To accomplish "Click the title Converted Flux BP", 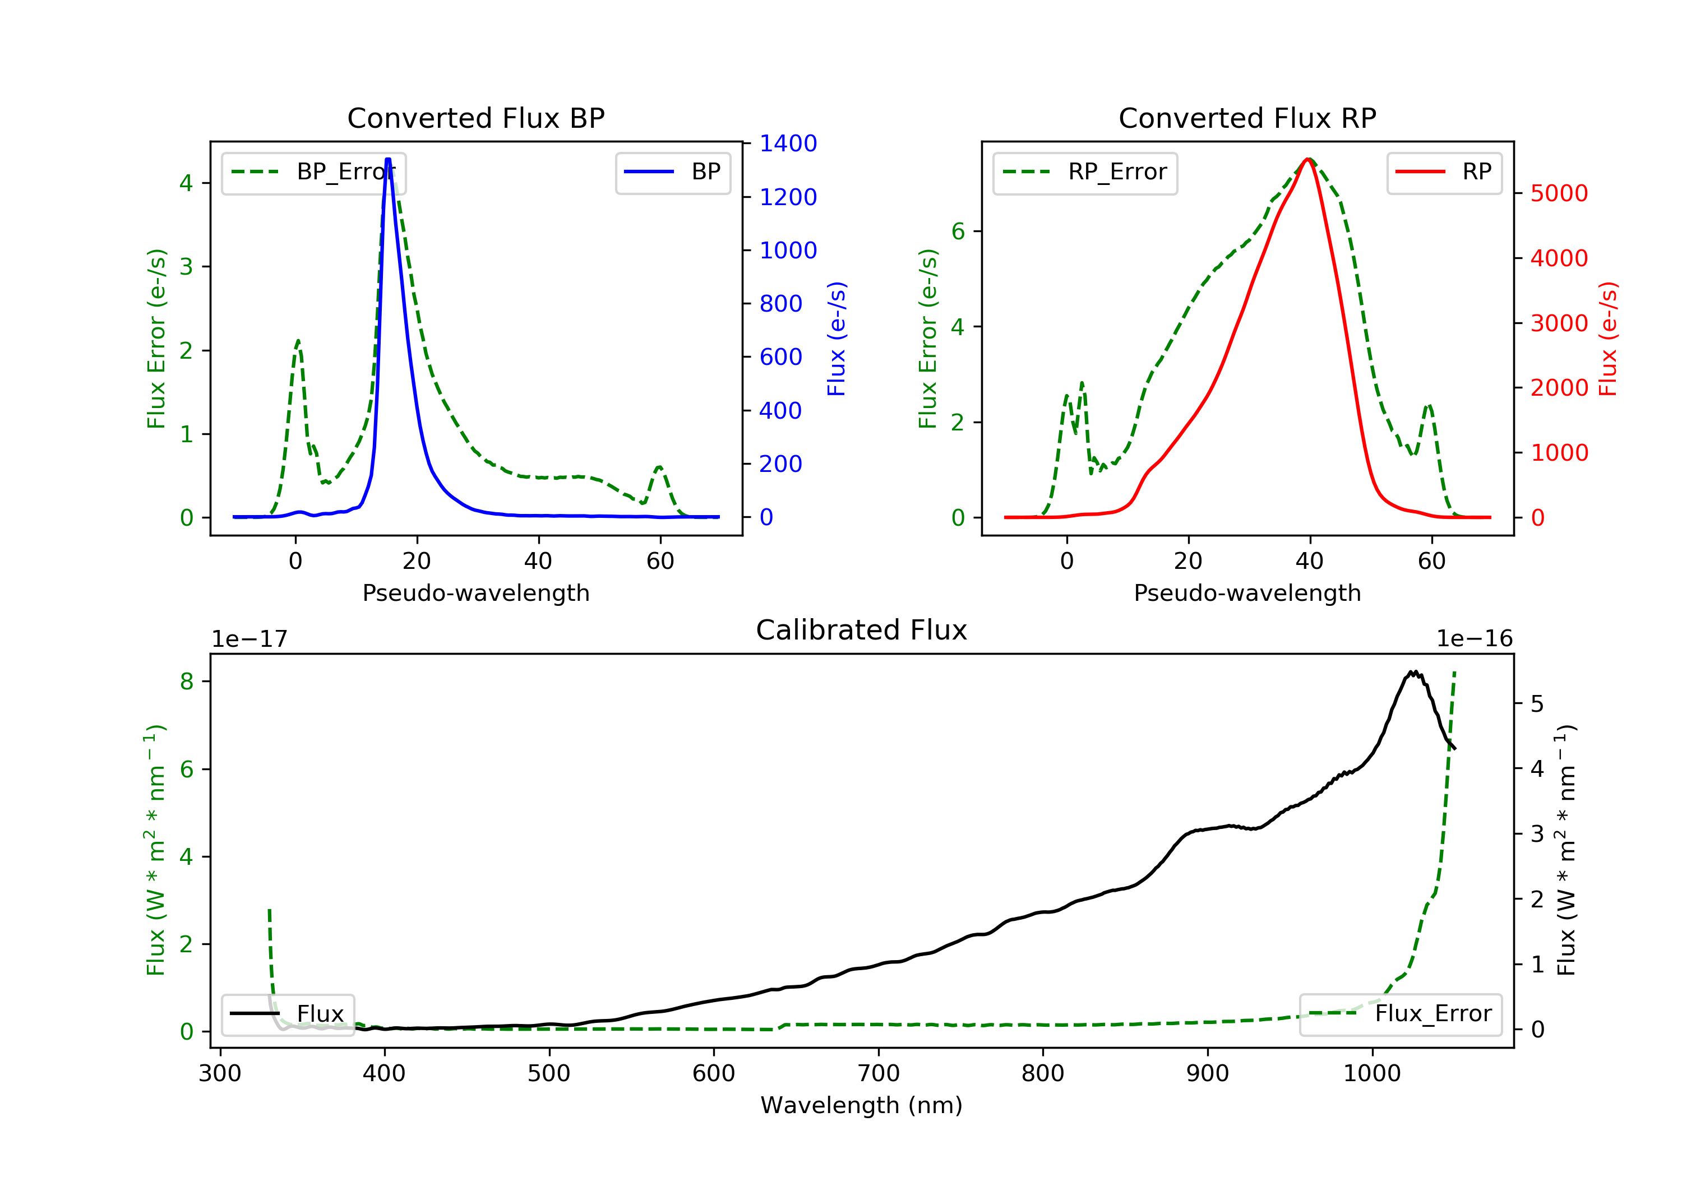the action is [475, 118].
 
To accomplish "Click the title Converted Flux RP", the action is [1247, 118].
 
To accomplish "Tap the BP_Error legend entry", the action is [313, 173].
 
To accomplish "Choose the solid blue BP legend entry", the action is [672, 173].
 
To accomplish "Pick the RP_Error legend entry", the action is [1085, 173].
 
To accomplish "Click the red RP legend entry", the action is [1444, 173].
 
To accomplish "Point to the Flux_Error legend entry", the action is [1400, 1014].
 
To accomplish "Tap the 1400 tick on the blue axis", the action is [788, 143].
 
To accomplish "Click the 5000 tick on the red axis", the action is [1559, 193].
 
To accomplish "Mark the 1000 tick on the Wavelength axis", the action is [1371, 1074].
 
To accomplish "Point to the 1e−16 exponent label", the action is [1474, 639].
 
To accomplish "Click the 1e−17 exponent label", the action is [250, 639].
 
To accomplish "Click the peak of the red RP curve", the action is [1307, 159].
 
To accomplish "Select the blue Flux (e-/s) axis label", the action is [837, 339].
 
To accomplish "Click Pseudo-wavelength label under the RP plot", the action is [1247, 592].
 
